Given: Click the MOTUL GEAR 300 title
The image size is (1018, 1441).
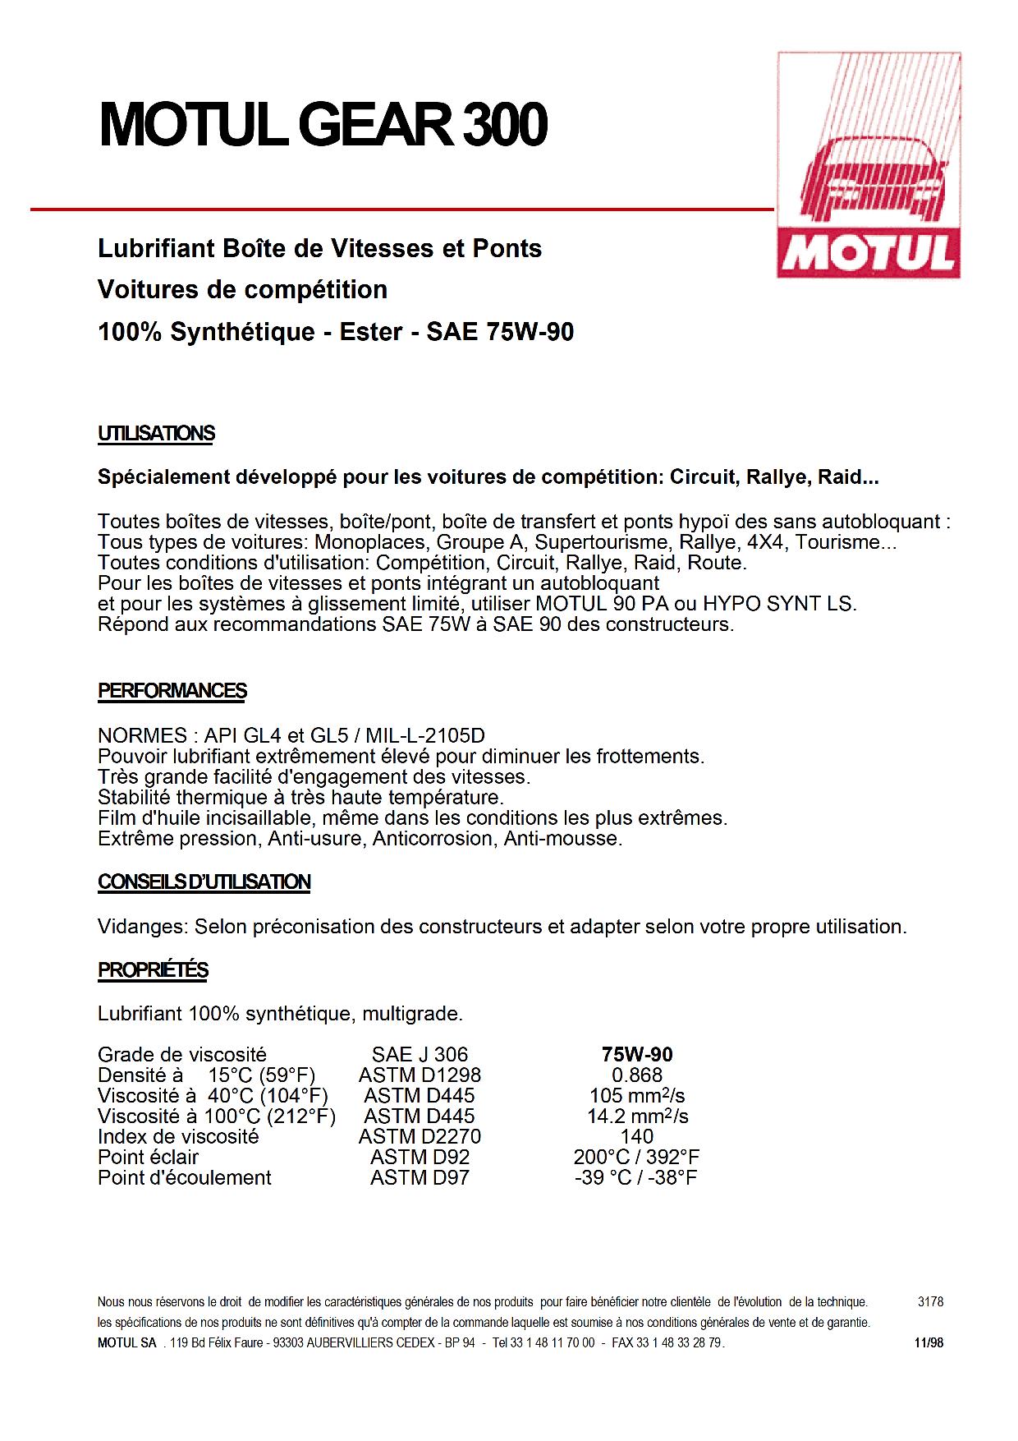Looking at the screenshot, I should (323, 126).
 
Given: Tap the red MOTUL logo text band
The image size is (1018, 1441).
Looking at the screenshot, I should (869, 255).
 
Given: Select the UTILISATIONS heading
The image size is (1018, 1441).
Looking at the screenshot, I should (156, 434).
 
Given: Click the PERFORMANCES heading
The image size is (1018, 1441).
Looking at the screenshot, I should (172, 691).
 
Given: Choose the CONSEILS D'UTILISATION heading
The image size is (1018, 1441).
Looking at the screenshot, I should (204, 882).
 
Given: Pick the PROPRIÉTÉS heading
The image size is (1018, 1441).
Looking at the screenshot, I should (153, 970).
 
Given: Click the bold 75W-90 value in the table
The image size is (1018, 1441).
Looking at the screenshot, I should (637, 1055).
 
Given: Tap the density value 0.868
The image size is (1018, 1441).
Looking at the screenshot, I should (637, 1075).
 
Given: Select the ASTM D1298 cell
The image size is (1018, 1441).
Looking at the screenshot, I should (420, 1075).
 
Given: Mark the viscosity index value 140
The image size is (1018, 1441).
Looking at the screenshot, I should (637, 1137).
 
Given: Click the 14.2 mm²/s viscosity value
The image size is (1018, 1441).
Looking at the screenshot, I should (637, 1116).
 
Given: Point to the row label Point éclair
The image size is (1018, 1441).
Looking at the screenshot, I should (148, 1158).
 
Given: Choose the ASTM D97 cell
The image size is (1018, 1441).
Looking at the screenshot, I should (420, 1178).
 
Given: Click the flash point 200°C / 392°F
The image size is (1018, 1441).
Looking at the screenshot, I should (637, 1158).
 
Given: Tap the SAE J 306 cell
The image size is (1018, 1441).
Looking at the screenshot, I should (420, 1055).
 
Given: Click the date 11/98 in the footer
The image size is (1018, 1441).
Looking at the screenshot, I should (929, 1343).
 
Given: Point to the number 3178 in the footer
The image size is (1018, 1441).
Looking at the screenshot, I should (930, 1302).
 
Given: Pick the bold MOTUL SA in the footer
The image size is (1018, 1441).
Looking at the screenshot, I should (126, 1343).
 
